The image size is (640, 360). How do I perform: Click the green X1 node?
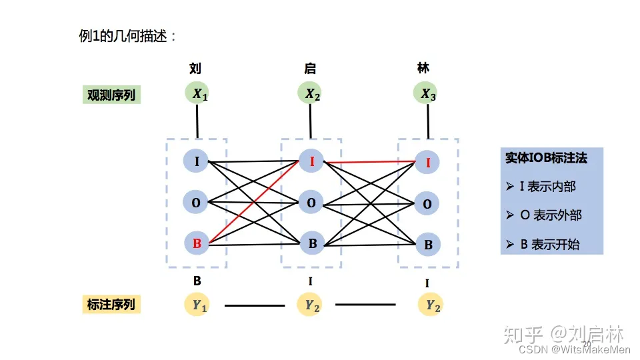pyautogui.click(x=197, y=94)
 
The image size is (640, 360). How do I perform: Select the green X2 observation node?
pyautogui.click(x=311, y=94)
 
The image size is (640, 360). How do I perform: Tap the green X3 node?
pyautogui.click(x=427, y=94)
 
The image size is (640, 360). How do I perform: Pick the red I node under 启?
pyautogui.click(x=311, y=161)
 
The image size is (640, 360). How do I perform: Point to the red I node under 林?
pyautogui.click(x=427, y=161)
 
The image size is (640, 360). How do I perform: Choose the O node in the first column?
pyautogui.click(x=197, y=202)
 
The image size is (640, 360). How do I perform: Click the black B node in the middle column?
pyautogui.click(x=311, y=243)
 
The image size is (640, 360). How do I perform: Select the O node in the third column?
pyautogui.click(x=427, y=203)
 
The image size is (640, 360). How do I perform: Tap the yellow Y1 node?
pyautogui.click(x=198, y=305)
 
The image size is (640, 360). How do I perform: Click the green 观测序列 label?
pyautogui.click(x=111, y=95)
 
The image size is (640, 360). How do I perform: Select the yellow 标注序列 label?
pyautogui.click(x=111, y=305)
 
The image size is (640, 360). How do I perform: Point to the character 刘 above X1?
pyautogui.click(x=195, y=68)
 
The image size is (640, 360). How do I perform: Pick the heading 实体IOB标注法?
pyautogui.click(x=546, y=159)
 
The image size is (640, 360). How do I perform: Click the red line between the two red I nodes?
pyautogui.click(x=370, y=161)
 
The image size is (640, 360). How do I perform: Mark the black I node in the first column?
pyautogui.click(x=197, y=161)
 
